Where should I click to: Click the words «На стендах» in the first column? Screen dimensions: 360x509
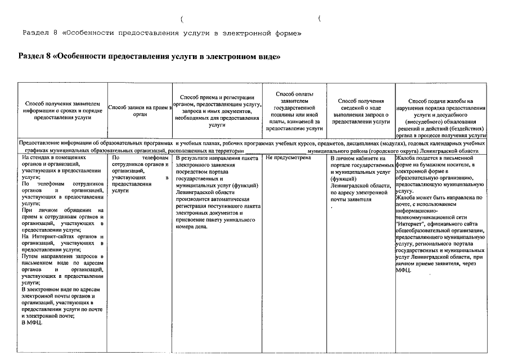pyautogui.click(x=37, y=159)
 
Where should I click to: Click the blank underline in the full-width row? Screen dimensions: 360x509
pyautogui.click(x=276, y=151)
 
